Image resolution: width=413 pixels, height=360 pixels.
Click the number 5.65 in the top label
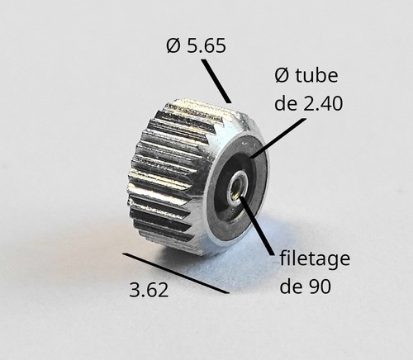206,45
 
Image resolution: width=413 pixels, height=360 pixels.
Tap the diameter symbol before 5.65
173,45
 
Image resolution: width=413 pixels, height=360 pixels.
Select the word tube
316,75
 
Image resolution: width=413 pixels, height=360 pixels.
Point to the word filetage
315,259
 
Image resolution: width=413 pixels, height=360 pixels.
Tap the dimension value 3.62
149,290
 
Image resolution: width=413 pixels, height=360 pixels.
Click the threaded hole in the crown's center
236,188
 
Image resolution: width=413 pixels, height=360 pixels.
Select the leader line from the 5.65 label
216,81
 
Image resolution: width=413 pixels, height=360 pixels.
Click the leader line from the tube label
278,139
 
